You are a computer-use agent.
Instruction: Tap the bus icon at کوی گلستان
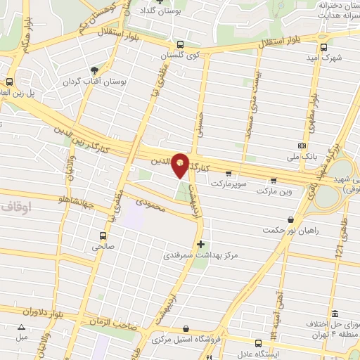pyautogui.click(x=181, y=44)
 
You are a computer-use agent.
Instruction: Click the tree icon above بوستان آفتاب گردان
pyautogui.click(x=94, y=70)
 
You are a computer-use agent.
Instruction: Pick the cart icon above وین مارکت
pyautogui.click(x=273, y=180)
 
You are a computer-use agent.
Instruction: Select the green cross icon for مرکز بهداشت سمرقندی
pyautogui.click(x=201, y=244)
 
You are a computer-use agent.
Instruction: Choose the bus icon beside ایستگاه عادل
pyautogui.click(x=259, y=343)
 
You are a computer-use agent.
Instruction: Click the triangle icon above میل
pyautogui.click(x=21, y=327)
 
